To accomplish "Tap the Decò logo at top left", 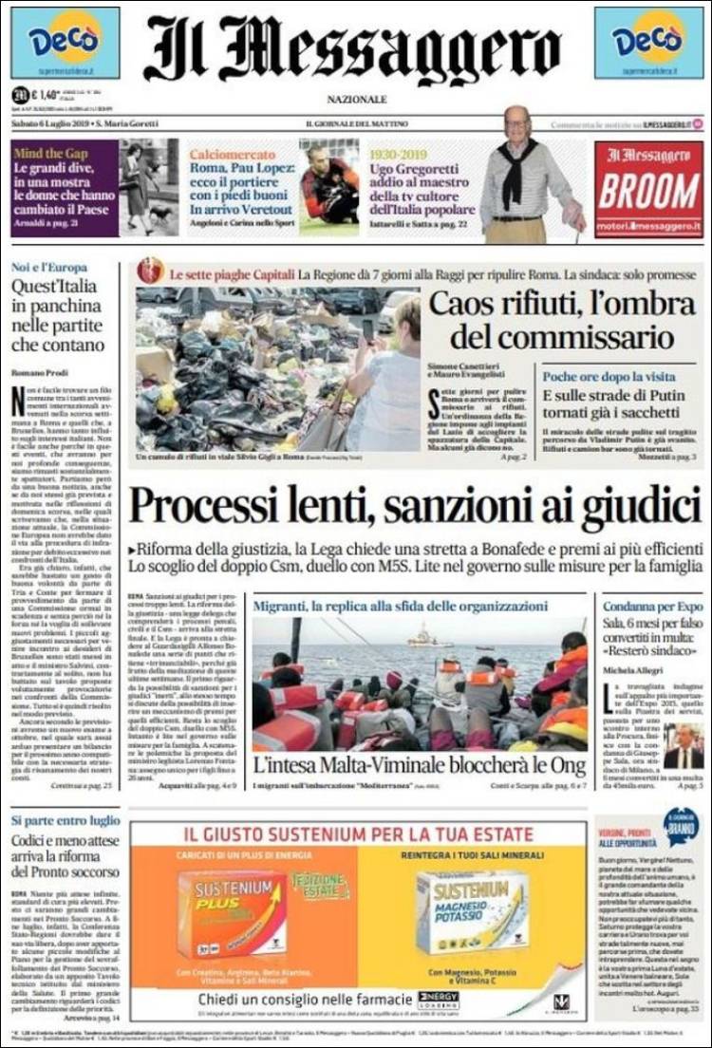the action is tap(65, 43).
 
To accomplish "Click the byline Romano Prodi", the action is tap(38, 373).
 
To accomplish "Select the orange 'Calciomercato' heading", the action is tap(226, 153).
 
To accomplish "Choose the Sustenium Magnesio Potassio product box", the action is tap(472, 912).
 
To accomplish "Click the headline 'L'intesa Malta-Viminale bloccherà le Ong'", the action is tap(419, 766).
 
